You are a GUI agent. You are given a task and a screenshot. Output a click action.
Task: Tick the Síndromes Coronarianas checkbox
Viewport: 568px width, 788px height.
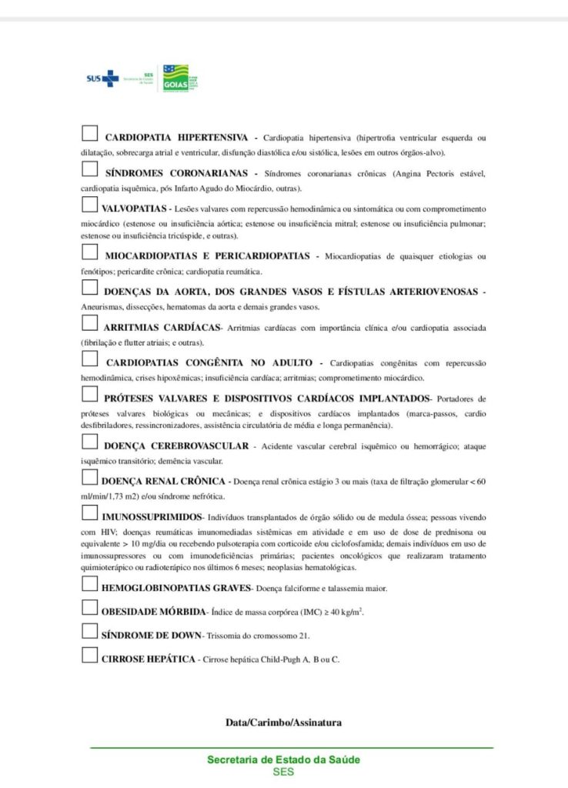(x=89, y=170)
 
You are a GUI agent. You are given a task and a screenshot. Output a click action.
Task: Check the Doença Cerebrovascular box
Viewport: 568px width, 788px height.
(x=89, y=442)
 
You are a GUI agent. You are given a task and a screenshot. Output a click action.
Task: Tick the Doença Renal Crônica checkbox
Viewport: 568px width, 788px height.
(x=89, y=478)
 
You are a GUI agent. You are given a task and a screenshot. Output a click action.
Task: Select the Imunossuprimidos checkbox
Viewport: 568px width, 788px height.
(x=89, y=513)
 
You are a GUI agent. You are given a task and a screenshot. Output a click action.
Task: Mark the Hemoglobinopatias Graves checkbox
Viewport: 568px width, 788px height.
(x=89, y=586)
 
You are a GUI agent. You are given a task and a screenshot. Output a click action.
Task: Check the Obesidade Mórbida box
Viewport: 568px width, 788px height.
(x=89, y=609)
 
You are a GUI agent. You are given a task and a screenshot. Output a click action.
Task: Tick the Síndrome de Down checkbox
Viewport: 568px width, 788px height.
(x=89, y=633)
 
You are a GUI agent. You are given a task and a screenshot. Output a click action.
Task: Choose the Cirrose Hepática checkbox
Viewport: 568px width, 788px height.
(x=89, y=656)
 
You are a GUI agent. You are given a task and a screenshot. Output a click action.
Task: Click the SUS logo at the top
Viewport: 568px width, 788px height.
(x=103, y=78)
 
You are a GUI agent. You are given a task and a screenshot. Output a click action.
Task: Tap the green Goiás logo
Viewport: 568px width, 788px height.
(x=175, y=78)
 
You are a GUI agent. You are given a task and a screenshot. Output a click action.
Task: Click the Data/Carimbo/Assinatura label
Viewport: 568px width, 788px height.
(x=283, y=723)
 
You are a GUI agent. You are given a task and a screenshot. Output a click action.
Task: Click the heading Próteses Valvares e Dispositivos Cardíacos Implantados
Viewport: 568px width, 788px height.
(x=266, y=398)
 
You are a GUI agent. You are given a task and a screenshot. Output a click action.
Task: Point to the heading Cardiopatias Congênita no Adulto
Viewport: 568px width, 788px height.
(x=209, y=362)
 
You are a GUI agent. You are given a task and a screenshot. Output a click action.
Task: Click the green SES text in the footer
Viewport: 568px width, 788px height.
(x=283, y=772)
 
